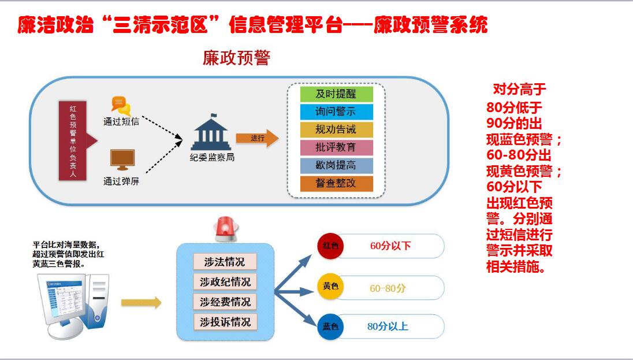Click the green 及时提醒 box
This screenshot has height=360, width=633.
336,94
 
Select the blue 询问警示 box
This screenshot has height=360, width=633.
336,112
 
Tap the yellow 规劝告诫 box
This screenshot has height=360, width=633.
336,129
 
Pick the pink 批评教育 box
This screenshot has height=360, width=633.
336,147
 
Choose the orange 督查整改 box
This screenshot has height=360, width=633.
336,183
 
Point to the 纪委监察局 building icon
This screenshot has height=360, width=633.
211,133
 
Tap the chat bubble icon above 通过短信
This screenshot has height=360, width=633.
121,105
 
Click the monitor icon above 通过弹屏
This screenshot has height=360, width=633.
122,159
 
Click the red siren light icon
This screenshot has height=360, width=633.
226,229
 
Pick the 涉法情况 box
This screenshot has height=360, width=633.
225,262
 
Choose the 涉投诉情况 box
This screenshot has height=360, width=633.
225,322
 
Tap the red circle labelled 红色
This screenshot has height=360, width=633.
331,246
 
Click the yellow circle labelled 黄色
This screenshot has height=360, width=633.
331,287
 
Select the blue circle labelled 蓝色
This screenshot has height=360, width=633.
331,326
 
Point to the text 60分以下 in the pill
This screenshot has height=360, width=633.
390,246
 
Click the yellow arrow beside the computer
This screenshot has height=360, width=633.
141,302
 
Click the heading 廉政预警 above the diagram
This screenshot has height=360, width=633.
236,58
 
